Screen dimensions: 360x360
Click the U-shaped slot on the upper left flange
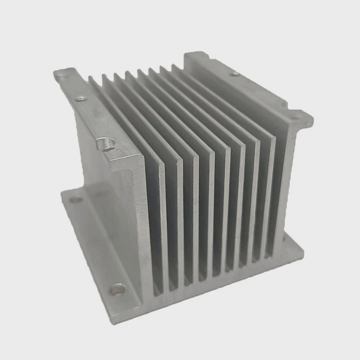pyautogui.click(x=106, y=143)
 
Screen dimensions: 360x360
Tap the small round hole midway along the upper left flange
pyautogui.click(x=80, y=99)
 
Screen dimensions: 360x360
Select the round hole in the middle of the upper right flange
pyautogui.click(x=234, y=74)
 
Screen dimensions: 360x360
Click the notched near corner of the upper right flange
pyautogui.click(x=300, y=116)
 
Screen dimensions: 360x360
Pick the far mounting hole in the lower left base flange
pyautogui.click(x=76, y=199)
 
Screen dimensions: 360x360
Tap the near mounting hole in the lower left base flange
pyautogui.click(x=118, y=288)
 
